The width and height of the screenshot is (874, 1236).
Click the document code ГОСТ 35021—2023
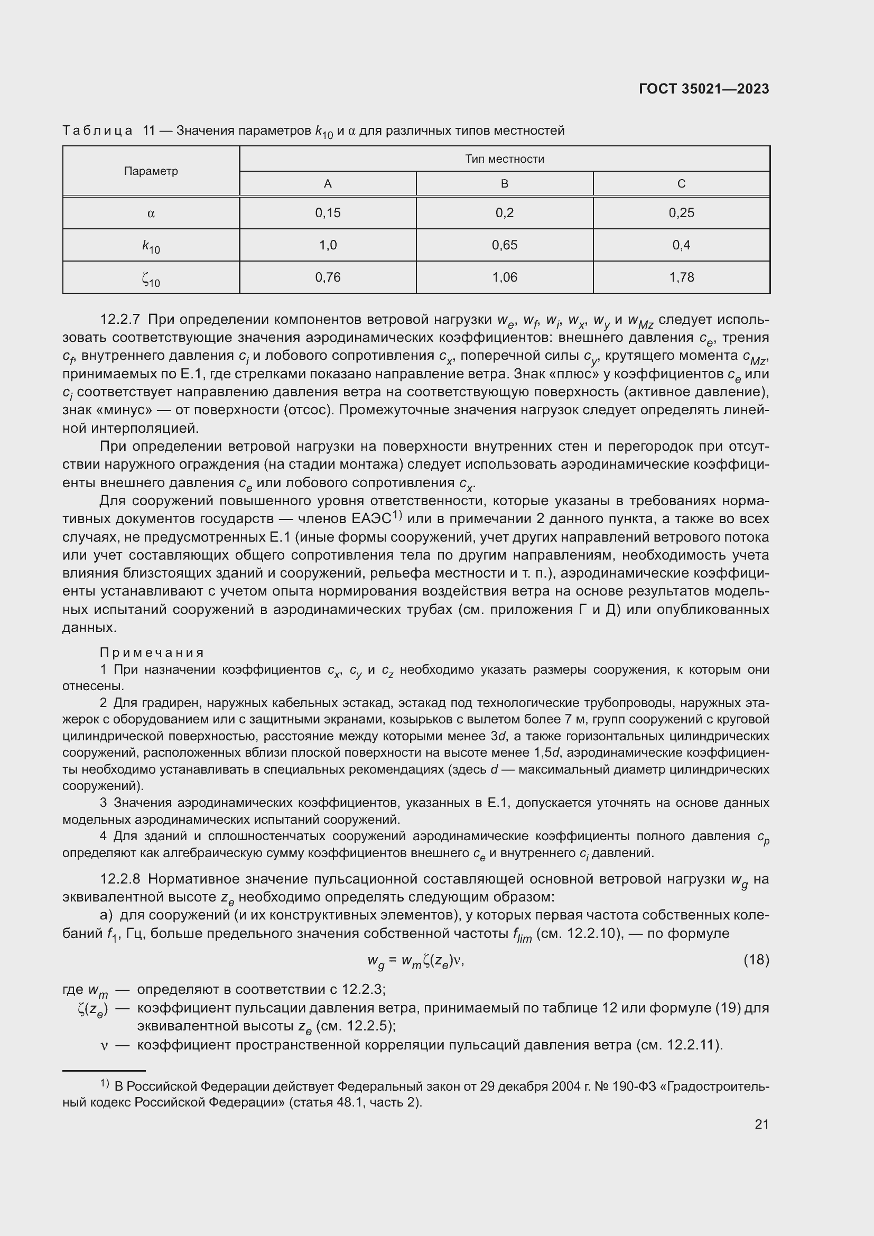point(703,89)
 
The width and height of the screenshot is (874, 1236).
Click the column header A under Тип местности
point(327,183)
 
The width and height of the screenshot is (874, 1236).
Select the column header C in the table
point(681,183)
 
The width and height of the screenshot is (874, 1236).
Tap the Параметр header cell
point(151,171)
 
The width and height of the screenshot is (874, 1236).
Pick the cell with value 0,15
point(327,212)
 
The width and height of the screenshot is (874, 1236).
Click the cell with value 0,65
point(504,245)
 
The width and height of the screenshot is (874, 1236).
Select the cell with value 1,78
point(681,277)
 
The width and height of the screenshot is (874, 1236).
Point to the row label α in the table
point(151,213)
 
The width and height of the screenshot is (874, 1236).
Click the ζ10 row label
point(151,278)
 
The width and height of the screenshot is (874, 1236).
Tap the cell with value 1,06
point(504,277)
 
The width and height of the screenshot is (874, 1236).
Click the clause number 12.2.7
point(120,320)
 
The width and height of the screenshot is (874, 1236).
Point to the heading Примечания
point(152,653)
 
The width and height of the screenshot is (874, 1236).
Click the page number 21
point(761,1124)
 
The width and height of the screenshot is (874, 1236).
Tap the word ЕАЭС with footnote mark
point(371,519)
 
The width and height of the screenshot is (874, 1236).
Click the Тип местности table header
point(504,159)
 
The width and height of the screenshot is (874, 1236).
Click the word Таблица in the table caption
point(97,131)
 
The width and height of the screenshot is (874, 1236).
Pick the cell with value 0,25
point(681,212)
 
